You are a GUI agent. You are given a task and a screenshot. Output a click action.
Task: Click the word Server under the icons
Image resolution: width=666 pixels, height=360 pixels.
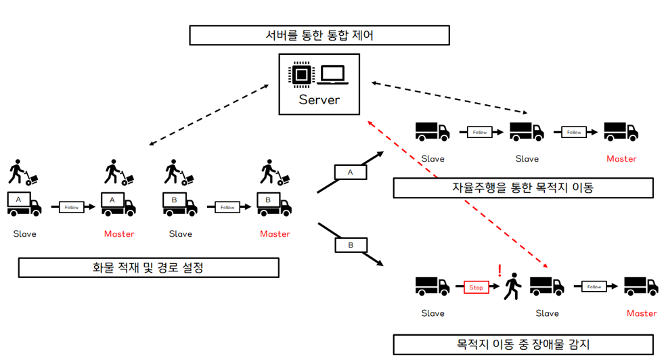(319, 101)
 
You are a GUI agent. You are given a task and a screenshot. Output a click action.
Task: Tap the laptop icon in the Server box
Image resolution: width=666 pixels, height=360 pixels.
(334, 75)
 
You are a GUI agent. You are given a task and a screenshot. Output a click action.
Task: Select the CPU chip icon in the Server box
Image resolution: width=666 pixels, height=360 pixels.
(302, 75)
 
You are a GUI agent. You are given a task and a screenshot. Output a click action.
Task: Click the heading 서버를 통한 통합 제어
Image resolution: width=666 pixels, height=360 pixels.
(319, 35)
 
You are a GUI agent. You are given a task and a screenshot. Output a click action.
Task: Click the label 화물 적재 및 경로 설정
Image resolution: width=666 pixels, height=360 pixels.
(148, 267)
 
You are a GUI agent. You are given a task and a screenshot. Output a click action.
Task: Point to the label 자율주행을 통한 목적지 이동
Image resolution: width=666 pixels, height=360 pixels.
(523, 187)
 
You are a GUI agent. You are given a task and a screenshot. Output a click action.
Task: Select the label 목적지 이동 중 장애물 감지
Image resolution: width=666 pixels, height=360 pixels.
(523, 344)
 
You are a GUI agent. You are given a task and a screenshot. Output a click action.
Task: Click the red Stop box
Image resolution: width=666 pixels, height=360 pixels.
(476, 287)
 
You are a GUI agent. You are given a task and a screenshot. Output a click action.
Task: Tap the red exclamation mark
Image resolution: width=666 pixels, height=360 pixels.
(500, 271)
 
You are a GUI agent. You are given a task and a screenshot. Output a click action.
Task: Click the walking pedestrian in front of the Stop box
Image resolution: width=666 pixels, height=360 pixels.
(512, 286)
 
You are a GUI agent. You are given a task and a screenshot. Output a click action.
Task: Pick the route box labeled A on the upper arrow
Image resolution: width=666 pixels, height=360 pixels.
(350, 173)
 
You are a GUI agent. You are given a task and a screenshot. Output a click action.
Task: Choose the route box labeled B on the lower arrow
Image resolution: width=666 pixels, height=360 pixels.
(350, 244)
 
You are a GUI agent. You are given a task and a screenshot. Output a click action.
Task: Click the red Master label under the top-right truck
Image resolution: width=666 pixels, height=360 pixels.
(621, 159)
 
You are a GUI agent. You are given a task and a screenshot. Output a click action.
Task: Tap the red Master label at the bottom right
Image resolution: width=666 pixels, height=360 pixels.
(641, 313)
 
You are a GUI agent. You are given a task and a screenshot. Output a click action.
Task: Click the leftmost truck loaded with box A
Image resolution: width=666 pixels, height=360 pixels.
(24, 203)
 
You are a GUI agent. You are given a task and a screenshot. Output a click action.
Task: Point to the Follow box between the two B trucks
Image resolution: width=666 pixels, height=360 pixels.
(227, 207)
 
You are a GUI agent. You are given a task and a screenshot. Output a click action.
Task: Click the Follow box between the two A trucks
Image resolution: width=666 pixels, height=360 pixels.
(72, 207)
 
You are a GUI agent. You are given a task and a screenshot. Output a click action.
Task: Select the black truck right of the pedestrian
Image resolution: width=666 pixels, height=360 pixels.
(547, 286)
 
